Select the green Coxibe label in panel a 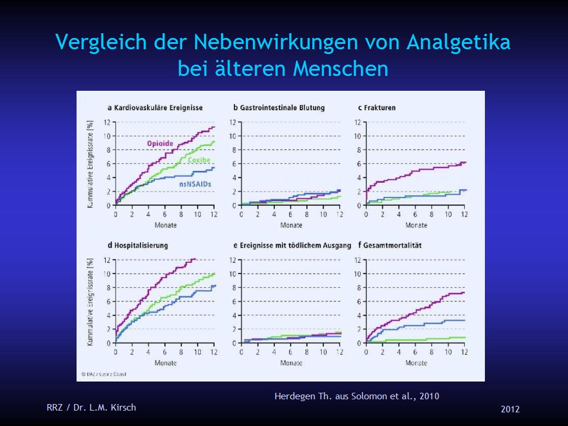pos(199,161)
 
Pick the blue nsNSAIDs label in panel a pos(196,185)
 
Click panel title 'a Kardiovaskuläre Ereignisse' pos(155,107)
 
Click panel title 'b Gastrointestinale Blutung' pos(279,107)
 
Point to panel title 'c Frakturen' pos(377,107)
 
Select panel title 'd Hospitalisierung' pos(138,245)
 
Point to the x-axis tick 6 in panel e pos(290,352)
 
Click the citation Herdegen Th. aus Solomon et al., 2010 pos(357,396)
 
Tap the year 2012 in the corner pos(510,409)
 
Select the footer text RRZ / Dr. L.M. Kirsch pos(91,407)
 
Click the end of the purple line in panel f pos(464,292)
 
